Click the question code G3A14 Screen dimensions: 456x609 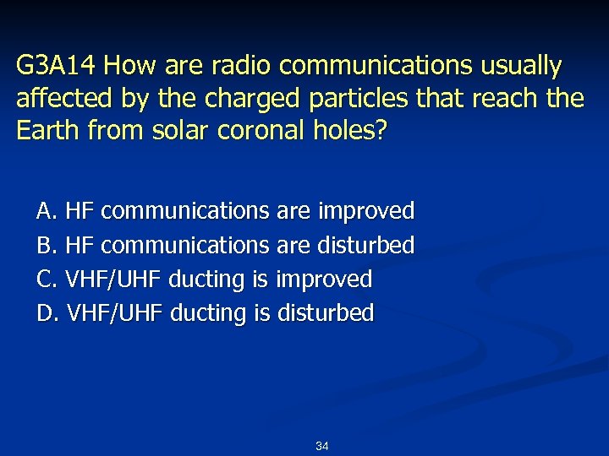57,66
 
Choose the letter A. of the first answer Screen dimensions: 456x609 47,211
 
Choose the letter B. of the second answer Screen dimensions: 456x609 47,246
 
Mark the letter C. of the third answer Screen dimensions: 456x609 47,280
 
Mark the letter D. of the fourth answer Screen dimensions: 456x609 47,313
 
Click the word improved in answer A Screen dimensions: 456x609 366,211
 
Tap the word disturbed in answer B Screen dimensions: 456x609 366,246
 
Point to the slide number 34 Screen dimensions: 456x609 321,446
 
